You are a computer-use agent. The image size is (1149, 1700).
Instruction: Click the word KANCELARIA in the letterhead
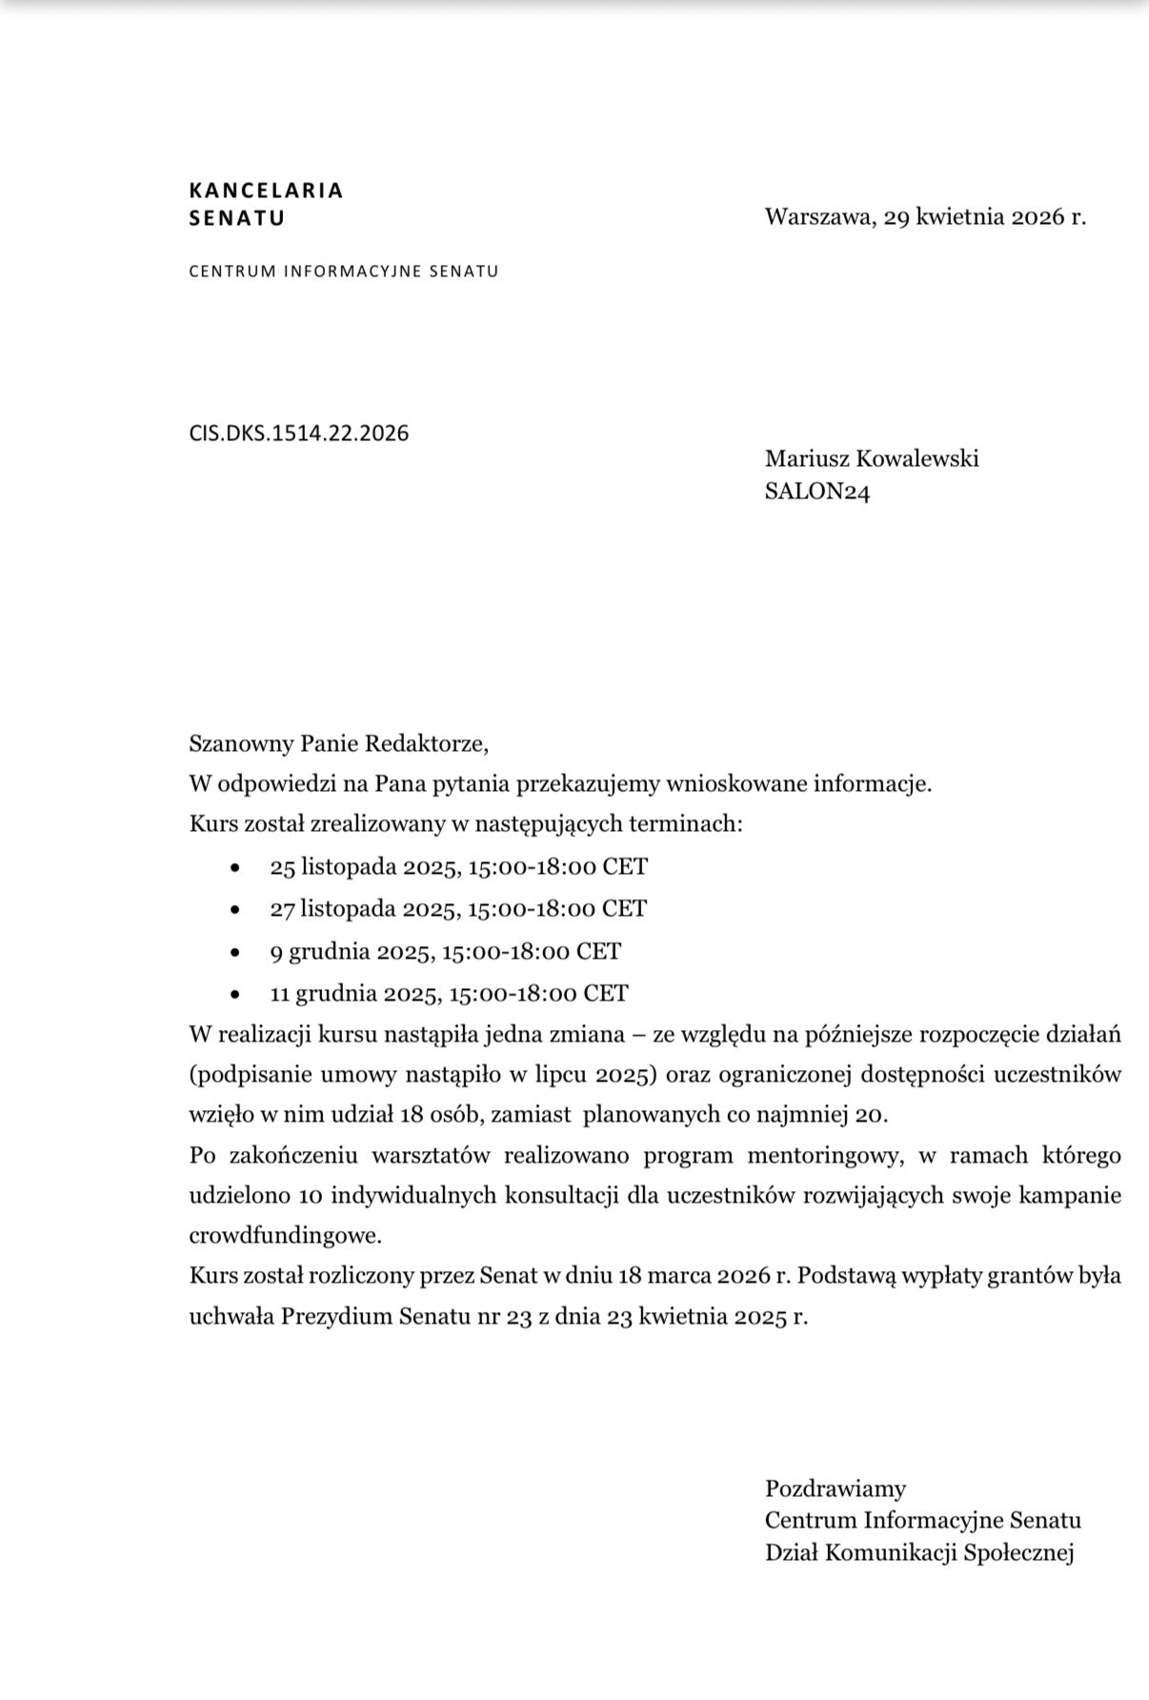266,190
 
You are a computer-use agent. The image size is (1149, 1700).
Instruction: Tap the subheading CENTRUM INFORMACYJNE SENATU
343,271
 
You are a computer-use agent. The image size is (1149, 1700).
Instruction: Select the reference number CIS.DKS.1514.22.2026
298,434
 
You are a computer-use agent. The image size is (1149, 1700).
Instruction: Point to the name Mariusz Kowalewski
871,458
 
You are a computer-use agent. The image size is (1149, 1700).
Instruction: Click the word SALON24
816,492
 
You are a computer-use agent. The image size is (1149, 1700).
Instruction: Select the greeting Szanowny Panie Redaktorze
338,742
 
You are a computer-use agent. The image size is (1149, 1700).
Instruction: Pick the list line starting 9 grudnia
445,951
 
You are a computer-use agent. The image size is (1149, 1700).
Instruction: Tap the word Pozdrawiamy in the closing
835,1487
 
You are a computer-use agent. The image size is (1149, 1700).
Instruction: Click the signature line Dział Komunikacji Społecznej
918,1552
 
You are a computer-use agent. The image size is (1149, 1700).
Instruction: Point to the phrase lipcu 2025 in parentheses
599,1075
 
